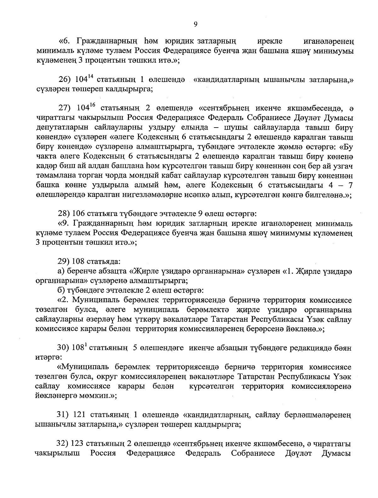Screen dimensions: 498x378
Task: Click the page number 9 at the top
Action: [196, 24]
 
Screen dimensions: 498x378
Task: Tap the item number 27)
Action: [65, 108]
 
